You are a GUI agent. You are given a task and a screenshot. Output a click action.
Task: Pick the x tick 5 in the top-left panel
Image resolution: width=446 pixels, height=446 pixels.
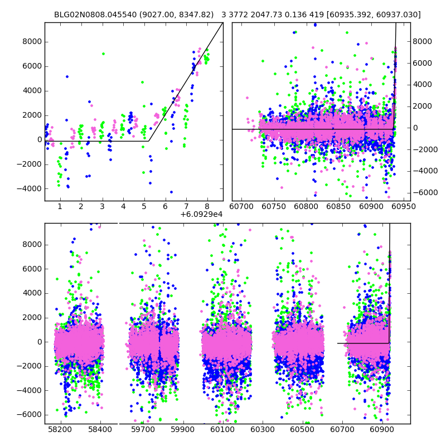point(144,206)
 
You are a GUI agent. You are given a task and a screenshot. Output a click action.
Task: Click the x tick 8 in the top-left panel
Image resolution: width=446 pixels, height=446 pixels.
point(207,206)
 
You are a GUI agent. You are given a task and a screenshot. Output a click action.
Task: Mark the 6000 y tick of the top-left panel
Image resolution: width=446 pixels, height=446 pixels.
point(33,66)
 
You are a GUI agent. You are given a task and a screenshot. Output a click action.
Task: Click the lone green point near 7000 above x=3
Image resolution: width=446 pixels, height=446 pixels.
point(103,54)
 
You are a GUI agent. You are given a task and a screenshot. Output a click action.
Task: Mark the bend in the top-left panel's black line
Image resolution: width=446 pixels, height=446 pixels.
point(148,141)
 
